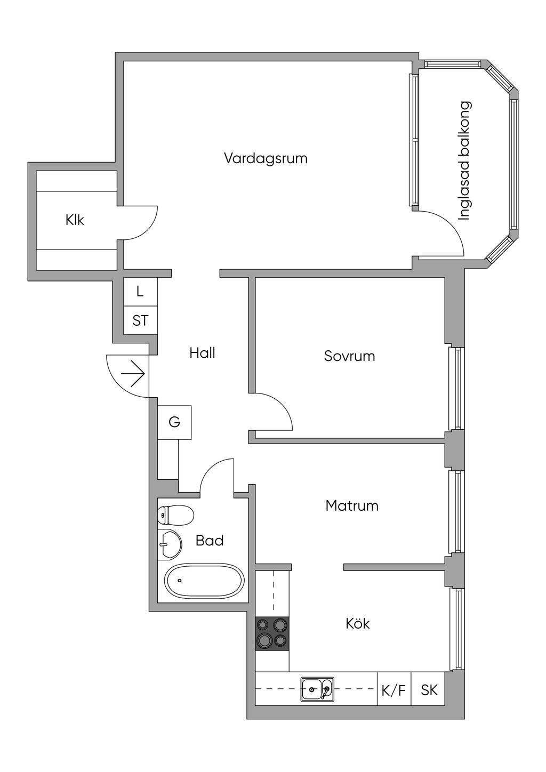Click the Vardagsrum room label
coord(266,158)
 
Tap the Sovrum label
coord(350,356)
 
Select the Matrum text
coord(352,506)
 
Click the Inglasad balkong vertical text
coord(464,161)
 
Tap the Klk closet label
coord(75,220)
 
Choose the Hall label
coord(202,353)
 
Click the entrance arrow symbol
coord(133,373)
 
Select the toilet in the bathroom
coord(175,516)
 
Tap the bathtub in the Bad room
coord(204,580)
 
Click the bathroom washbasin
coord(170,544)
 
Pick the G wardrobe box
coord(174,422)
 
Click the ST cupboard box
coord(140,320)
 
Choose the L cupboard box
coord(140,292)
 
